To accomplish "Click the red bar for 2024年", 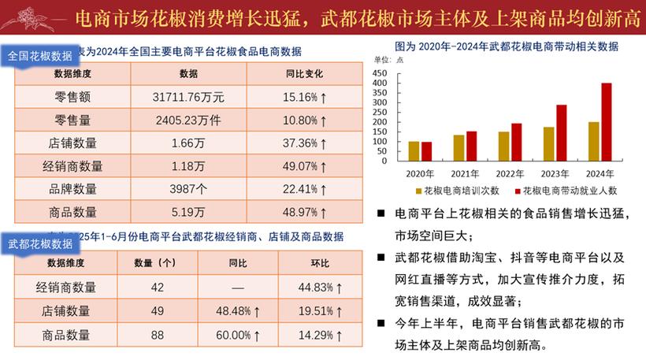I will tap(606, 122).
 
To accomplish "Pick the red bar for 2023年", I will tap(561, 132).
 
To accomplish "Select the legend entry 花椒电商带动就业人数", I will tap(562, 190).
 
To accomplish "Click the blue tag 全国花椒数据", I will tap(39, 56).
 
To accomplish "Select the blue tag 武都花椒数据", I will tap(39, 243).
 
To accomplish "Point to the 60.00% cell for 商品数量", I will tap(237, 335).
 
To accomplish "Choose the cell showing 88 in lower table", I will tap(158, 335).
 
